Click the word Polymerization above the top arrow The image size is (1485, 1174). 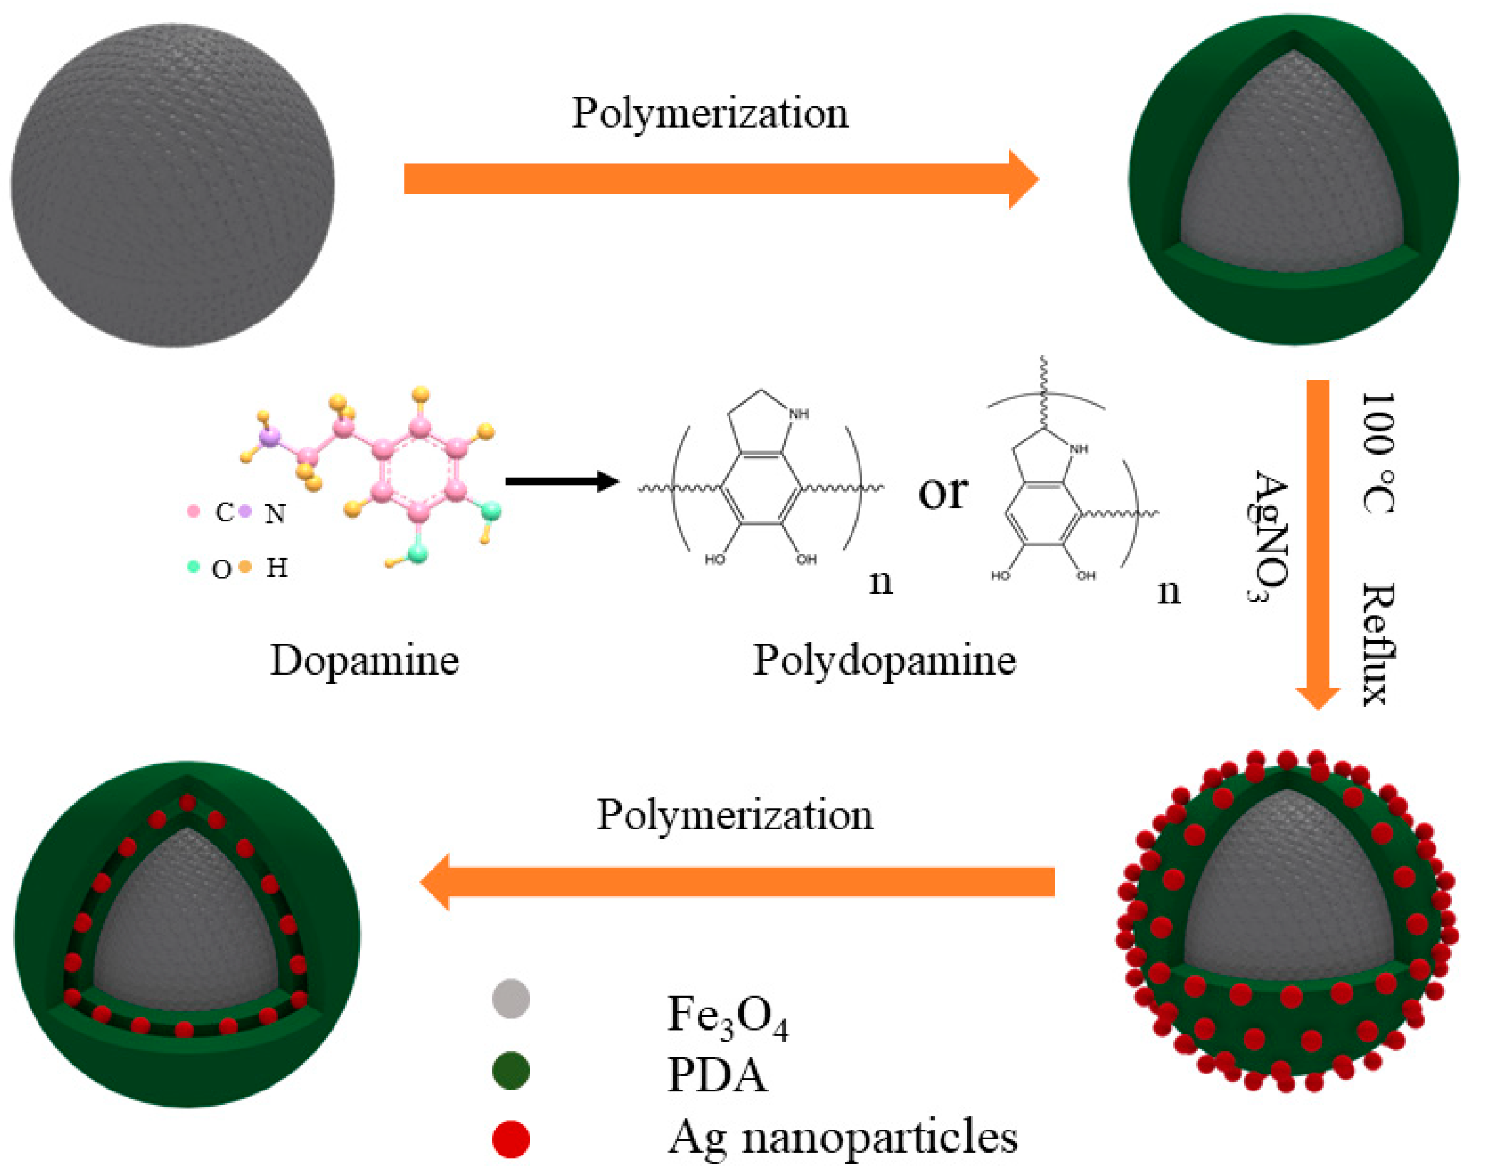pyautogui.click(x=710, y=113)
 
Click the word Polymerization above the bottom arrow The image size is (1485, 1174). pyautogui.click(x=735, y=815)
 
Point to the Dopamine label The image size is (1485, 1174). pyautogui.click(x=364, y=661)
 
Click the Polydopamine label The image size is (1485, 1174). pyautogui.click(x=885, y=661)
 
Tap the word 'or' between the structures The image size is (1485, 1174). pyautogui.click(x=943, y=492)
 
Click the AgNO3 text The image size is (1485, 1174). pyautogui.click(x=1269, y=536)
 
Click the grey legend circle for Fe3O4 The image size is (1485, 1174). pyautogui.click(x=511, y=999)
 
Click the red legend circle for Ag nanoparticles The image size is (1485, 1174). pyautogui.click(x=511, y=1139)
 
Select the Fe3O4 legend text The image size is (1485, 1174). pyautogui.click(x=727, y=1016)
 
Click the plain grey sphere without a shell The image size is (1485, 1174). pyautogui.click(x=173, y=185)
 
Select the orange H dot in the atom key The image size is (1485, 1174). pyautogui.click(x=245, y=567)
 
